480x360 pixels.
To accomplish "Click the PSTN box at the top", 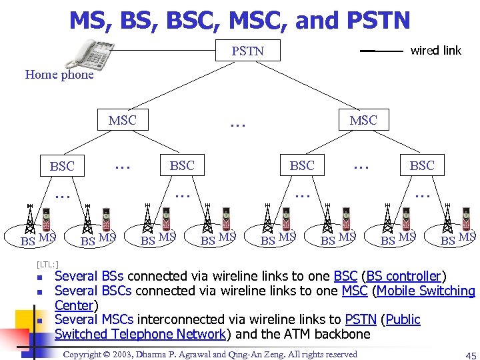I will coord(247,51).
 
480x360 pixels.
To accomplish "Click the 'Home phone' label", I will coord(59,75).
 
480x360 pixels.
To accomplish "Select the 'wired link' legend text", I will coord(435,50).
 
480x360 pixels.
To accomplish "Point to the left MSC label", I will coord(122,120).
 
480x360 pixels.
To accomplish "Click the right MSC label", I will coord(363,120).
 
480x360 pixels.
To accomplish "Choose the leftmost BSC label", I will coord(62,166).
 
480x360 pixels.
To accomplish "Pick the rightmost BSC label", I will coord(422,165).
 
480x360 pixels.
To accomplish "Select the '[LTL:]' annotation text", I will coord(49,265).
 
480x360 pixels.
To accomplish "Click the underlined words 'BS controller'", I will coord(407,276).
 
